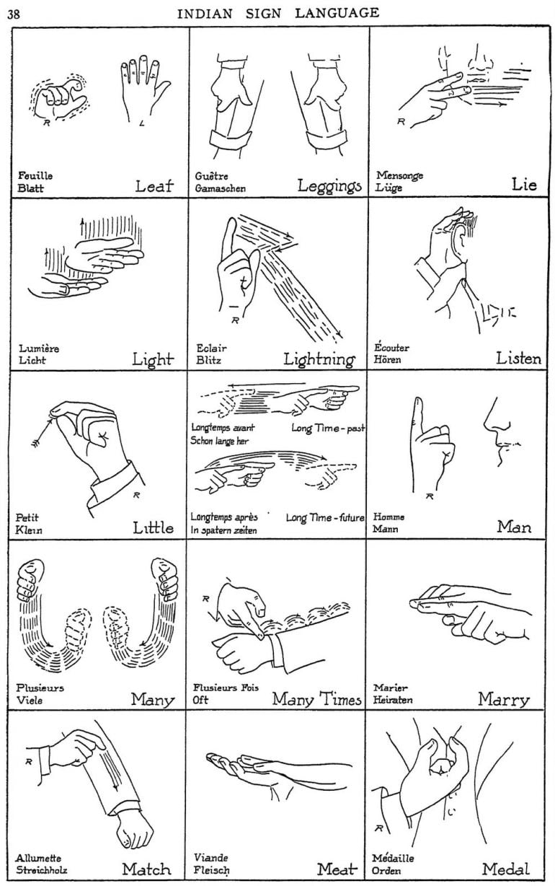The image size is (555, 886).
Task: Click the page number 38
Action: point(14,13)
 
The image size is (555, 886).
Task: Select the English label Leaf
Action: point(154,185)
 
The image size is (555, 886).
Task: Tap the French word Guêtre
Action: point(209,175)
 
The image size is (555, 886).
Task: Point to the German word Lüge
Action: point(389,188)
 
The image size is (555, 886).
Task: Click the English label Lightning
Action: point(319,359)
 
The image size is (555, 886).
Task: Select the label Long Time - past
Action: point(328,428)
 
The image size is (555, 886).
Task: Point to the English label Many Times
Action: point(316,699)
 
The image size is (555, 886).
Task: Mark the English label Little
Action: point(153,528)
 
